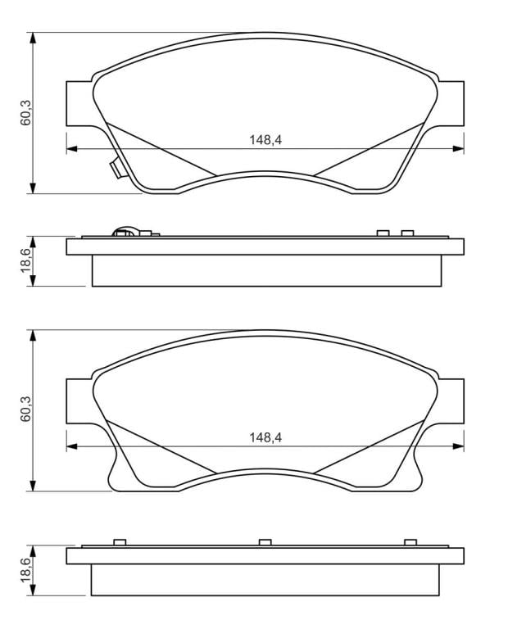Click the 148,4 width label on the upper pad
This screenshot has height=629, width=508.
265,139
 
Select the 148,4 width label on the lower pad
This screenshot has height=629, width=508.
265,437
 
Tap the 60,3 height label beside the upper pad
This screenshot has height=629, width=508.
26,113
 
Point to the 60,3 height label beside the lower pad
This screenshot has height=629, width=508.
26,409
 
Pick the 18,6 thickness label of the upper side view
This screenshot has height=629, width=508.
26,260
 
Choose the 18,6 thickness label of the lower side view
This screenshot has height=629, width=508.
26,570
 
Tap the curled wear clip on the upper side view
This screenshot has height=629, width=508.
125,232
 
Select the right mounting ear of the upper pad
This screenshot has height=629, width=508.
450,103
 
